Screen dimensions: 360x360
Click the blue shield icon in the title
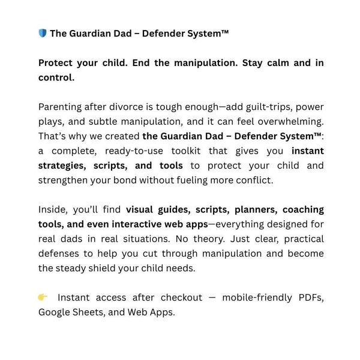(42, 34)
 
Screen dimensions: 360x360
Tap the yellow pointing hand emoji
(43, 297)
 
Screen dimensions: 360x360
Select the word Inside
(53, 209)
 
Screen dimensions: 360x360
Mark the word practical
(299, 239)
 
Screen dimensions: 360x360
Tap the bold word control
(56, 77)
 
